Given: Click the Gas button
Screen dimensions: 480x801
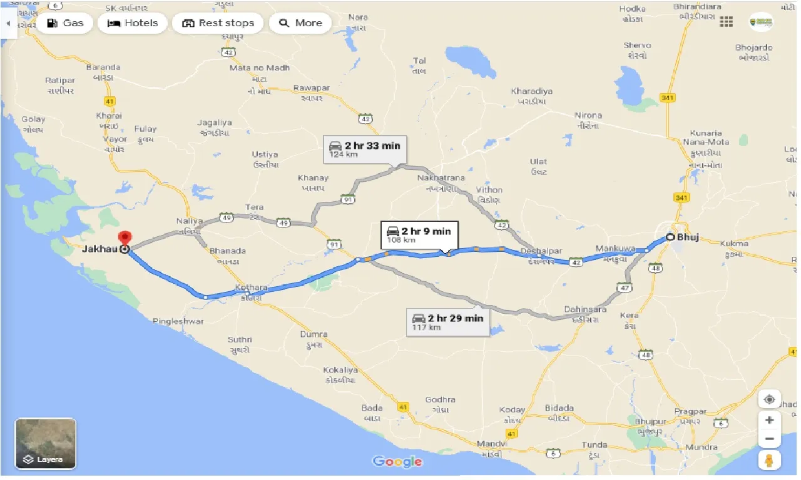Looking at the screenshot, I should click(x=64, y=23).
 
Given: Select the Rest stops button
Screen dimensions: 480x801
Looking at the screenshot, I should click(x=218, y=23).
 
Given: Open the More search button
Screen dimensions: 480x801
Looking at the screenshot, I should click(x=300, y=23).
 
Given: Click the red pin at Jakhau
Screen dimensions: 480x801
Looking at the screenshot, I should click(x=125, y=239).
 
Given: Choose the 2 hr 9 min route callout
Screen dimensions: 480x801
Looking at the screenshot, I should click(x=419, y=235).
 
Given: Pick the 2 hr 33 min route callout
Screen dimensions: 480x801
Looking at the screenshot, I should click(x=365, y=149).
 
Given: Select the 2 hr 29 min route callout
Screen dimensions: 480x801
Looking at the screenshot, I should click(x=448, y=322).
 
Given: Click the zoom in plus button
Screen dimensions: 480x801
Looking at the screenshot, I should click(x=769, y=420).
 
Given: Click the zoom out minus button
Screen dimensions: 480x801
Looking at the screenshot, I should click(x=769, y=439).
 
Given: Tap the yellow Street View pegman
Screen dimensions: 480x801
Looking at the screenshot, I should click(x=769, y=461).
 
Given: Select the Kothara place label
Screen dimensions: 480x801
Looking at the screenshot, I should click(x=251, y=288).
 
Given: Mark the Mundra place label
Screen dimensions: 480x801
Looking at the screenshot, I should click(x=701, y=447).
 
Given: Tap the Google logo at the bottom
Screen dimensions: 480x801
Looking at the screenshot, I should click(x=397, y=462).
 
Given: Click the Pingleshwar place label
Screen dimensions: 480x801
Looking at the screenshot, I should click(x=178, y=321).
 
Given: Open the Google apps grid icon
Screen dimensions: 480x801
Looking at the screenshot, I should click(x=726, y=22).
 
